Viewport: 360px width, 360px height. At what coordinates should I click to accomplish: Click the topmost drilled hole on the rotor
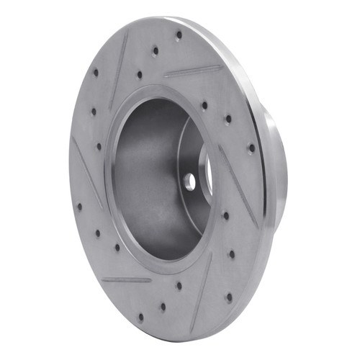[178, 33]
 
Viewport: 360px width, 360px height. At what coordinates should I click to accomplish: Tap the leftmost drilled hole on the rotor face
[78, 207]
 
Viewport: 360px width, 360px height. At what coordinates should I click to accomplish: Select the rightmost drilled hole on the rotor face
[251, 148]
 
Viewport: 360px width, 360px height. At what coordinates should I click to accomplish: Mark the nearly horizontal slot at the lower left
[126, 279]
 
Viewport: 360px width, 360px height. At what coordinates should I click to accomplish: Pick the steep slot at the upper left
[119, 72]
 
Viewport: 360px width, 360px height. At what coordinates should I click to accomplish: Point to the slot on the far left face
[87, 173]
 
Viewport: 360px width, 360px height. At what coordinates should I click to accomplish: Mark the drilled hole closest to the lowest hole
[163, 306]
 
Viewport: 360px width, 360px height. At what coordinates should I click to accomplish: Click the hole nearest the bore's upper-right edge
[204, 105]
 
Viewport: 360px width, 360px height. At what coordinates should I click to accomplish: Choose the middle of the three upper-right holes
[228, 119]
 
